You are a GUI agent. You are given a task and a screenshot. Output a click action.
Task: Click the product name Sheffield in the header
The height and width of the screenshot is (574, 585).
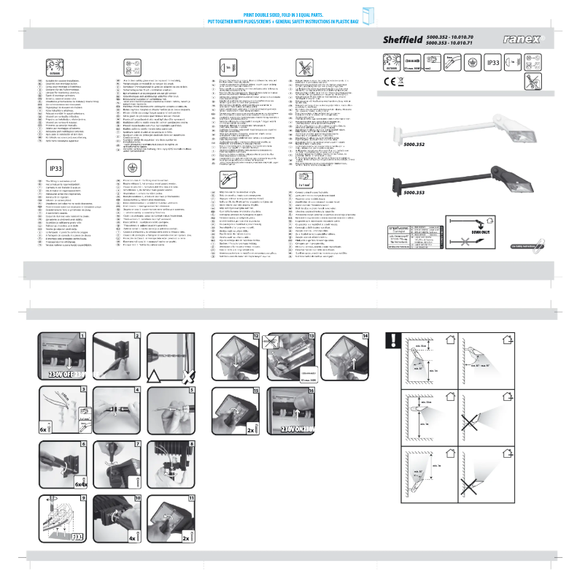pos(403,39)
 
